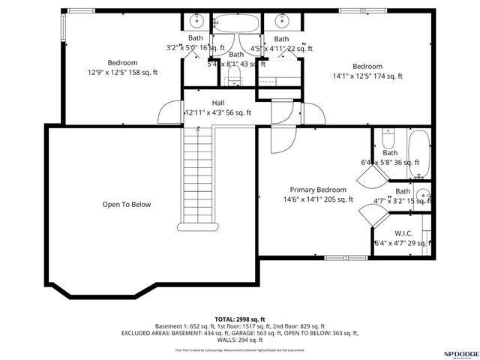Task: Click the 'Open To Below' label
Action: pyautogui.click(x=127, y=204)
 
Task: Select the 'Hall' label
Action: pyautogui.click(x=217, y=103)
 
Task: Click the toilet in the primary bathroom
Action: pyautogui.click(x=388, y=139)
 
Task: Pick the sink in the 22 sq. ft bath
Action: pyautogui.click(x=283, y=19)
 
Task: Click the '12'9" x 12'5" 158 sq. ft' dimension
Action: pyautogui.click(x=122, y=73)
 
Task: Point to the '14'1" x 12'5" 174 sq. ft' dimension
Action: pyautogui.click(x=367, y=76)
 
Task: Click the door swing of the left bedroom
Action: pyautogui.click(x=166, y=112)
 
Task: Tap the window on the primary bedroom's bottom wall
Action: pyautogui.click(x=337, y=257)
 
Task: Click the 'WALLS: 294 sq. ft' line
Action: pyautogui.click(x=240, y=340)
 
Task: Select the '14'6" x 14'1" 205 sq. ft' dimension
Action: pyautogui.click(x=318, y=199)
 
